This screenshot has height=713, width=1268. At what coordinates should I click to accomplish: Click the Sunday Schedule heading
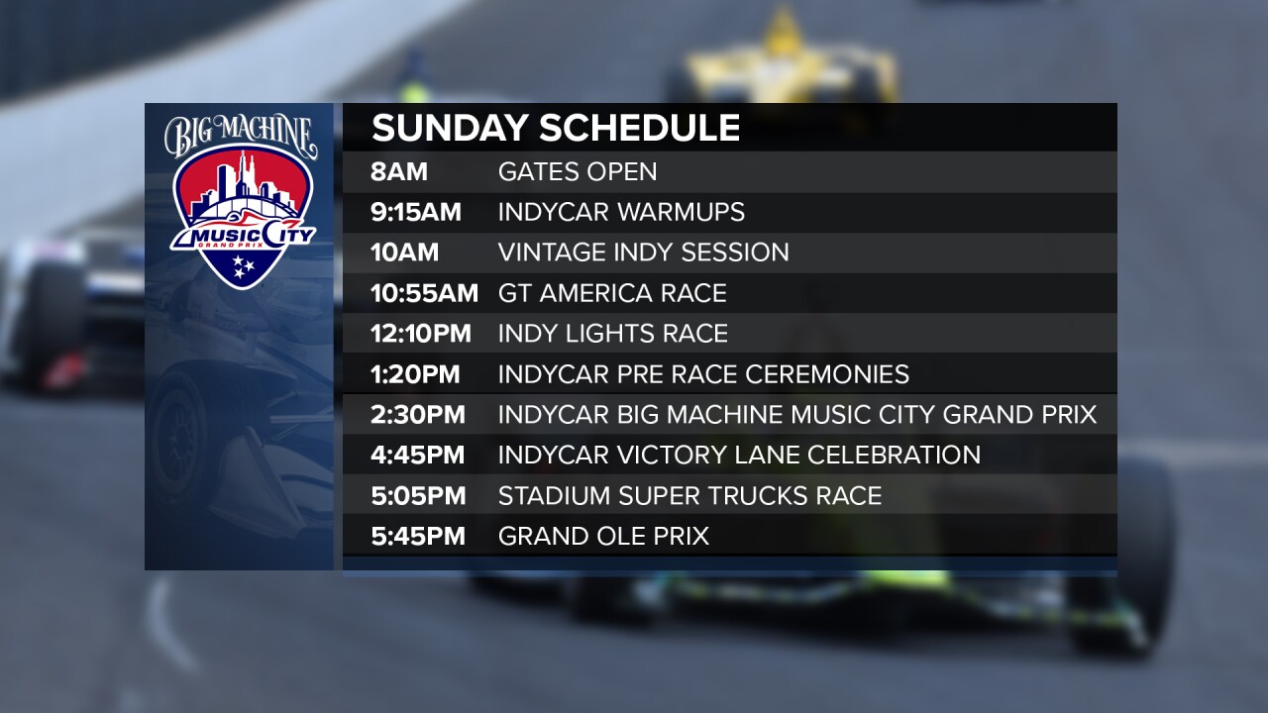(x=556, y=129)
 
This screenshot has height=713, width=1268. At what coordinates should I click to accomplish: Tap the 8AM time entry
(x=399, y=172)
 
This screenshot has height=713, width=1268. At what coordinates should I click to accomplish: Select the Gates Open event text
(x=578, y=172)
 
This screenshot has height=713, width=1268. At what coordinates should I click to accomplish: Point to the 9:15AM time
(x=416, y=212)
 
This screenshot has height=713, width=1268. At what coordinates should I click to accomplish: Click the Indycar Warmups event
(x=621, y=212)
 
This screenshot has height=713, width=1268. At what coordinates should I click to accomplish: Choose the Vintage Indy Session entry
(x=643, y=253)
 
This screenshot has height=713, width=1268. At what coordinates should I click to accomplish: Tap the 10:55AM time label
(x=424, y=293)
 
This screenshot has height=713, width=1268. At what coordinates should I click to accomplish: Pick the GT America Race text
(x=612, y=293)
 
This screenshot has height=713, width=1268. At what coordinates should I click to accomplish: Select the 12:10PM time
(x=421, y=334)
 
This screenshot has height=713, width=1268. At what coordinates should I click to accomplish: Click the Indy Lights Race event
(x=612, y=334)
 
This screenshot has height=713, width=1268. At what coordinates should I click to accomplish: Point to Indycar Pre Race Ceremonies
(x=703, y=374)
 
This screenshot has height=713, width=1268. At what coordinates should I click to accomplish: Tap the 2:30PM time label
(x=417, y=415)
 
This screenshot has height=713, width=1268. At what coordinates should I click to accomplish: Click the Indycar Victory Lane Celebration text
(x=739, y=456)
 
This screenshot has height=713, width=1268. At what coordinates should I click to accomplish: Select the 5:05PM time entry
(x=417, y=496)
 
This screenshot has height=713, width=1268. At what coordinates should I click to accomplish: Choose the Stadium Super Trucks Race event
(x=689, y=496)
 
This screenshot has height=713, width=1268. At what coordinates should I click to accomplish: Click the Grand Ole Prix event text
(x=603, y=537)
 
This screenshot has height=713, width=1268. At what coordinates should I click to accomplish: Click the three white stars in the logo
(x=242, y=264)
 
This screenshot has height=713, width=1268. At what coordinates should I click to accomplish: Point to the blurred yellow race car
(x=783, y=64)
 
